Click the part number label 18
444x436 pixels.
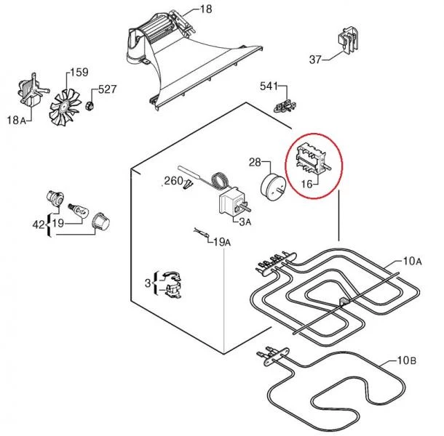pos(205,9)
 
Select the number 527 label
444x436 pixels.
pos(108,89)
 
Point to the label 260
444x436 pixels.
pos(173,180)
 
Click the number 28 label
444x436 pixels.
pos(255,161)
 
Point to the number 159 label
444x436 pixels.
pos(78,72)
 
